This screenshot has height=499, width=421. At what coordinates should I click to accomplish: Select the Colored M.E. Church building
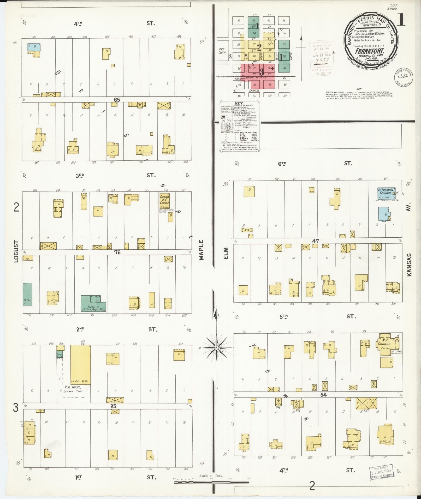click(164, 200)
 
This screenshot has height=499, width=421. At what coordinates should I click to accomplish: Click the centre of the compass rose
click(216, 348)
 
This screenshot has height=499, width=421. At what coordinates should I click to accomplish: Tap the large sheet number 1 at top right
click(401, 20)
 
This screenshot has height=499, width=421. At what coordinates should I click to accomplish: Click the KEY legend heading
click(239, 103)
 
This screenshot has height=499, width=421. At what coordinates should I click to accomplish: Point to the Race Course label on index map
click(222, 51)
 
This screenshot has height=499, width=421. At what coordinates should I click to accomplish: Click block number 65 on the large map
click(117, 100)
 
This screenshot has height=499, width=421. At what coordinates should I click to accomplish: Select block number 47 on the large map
click(316, 241)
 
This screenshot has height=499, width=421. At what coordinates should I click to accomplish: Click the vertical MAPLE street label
click(201, 250)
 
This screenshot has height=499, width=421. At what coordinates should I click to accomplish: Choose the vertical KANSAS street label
click(409, 264)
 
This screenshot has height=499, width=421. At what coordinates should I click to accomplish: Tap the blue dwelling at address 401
click(34, 47)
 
